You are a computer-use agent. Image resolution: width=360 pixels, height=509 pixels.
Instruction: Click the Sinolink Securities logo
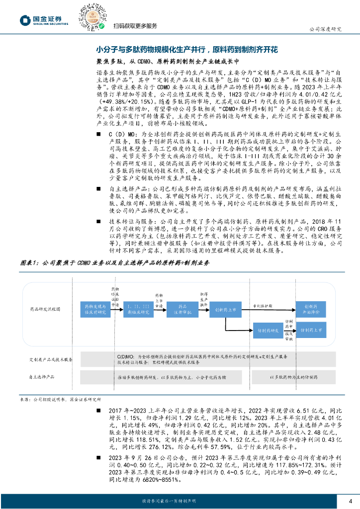click(44, 20)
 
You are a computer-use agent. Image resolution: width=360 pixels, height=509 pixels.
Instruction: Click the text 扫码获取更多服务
click(135, 26)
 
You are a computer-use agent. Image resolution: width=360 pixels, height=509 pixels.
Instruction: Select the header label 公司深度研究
click(326, 29)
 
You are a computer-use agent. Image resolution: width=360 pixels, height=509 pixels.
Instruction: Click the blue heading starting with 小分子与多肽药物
click(187, 50)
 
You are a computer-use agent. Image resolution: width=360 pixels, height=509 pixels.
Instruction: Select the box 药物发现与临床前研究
click(95, 309)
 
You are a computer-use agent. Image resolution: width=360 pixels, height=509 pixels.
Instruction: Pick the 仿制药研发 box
click(268, 330)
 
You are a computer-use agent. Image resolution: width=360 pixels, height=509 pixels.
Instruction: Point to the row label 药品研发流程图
click(45, 309)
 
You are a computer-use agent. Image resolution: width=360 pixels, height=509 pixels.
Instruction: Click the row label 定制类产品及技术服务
click(51, 359)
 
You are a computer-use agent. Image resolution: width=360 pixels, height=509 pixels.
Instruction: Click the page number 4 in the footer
click(350, 500)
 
